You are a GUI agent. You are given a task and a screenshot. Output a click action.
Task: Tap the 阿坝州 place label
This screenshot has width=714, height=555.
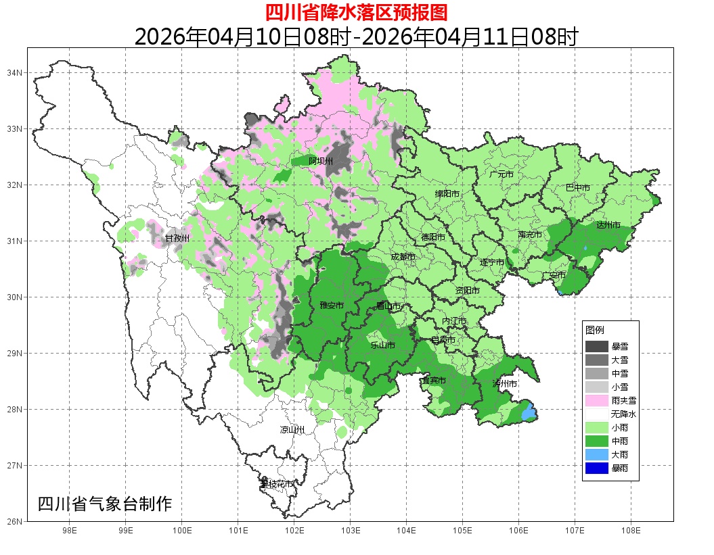click(x=321, y=161)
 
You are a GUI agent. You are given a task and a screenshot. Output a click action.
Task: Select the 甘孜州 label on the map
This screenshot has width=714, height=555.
click(x=177, y=238)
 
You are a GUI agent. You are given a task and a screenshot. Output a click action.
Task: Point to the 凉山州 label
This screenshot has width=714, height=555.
click(x=292, y=430)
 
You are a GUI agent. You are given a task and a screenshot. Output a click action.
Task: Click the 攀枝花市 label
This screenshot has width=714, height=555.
click(x=277, y=484)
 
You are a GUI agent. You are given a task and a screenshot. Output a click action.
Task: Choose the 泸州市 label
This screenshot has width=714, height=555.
click(x=505, y=383)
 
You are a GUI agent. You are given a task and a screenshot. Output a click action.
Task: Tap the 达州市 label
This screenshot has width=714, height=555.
click(x=608, y=224)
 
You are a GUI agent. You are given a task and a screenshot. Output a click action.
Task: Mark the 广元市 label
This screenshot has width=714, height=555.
click(x=501, y=174)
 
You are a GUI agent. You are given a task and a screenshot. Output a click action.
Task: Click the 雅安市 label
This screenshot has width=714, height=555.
click(x=332, y=306)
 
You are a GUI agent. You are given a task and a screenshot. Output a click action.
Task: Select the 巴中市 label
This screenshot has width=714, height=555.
click(x=577, y=188)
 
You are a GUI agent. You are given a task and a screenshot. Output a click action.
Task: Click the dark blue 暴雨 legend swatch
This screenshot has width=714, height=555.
click(x=597, y=468)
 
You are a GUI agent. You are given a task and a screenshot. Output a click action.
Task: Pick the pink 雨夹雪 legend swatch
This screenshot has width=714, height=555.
click(x=597, y=400)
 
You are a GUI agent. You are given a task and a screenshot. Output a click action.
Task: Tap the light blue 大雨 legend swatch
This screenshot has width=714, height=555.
click(x=597, y=454)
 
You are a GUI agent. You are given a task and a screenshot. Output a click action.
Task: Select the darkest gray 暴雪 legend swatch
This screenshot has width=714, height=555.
click(x=597, y=346)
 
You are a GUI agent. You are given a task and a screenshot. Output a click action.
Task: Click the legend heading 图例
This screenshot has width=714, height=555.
click(x=595, y=330)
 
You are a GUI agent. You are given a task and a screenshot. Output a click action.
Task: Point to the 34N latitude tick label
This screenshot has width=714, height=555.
click(x=16, y=72)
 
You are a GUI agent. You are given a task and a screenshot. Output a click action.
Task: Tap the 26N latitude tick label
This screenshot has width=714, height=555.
click(x=16, y=521)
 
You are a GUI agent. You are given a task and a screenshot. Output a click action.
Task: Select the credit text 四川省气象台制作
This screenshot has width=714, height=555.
click(x=105, y=504)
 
